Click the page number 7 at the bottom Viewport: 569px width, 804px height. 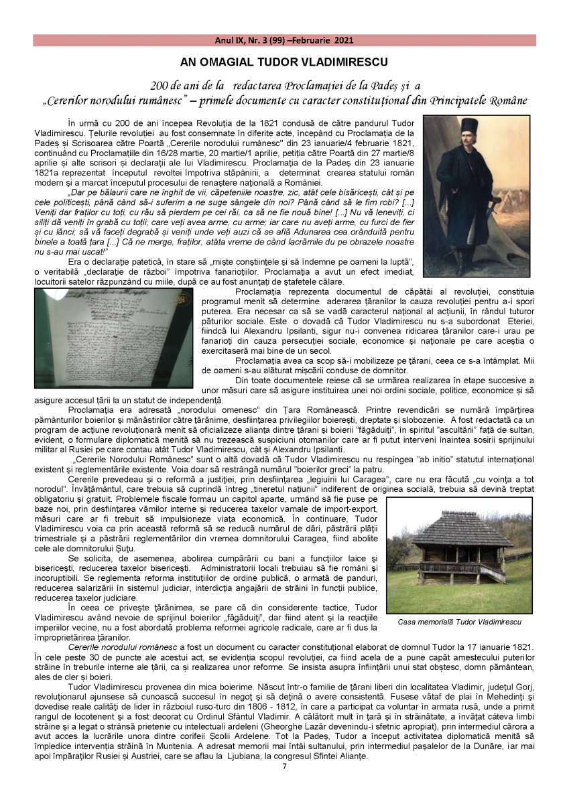[x=284, y=766]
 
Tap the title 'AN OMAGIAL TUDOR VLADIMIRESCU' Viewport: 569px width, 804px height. [x=284, y=62]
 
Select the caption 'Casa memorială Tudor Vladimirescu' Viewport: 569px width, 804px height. [x=459, y=622]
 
